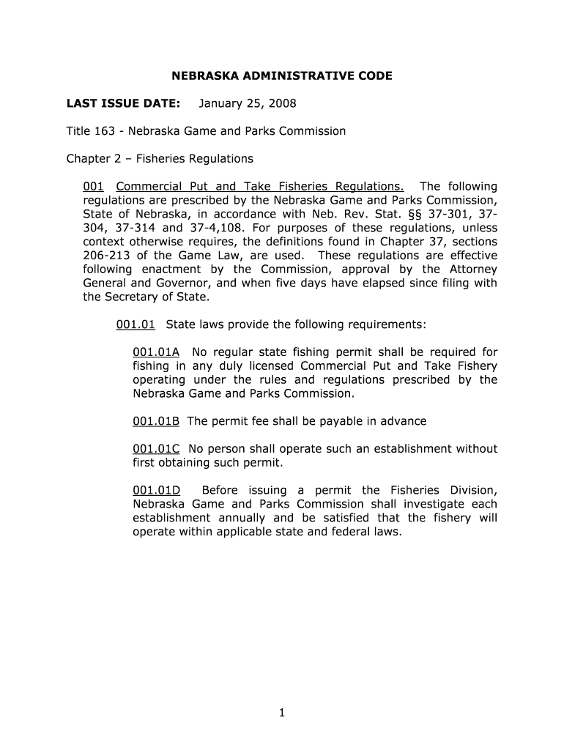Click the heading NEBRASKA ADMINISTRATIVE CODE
point(282,75)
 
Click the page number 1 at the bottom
point(281,716)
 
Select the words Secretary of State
point(156,297)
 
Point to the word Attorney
point(470,270)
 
